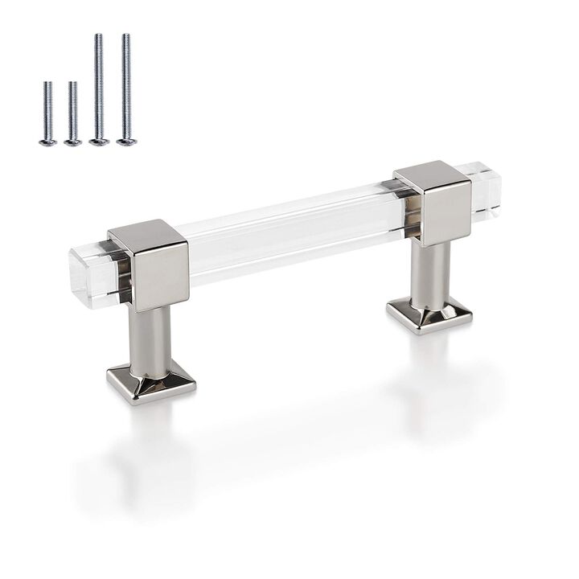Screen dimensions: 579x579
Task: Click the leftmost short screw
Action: click(47, 113)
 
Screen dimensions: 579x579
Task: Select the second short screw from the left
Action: click(72, 113)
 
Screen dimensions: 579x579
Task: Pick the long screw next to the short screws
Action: click(98, 88)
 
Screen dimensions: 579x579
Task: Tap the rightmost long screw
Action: click(125, 88)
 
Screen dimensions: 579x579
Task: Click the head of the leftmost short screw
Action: click(47, 142)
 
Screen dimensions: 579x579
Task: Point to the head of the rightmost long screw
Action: click(126, 142)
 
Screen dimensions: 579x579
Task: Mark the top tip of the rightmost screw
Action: click(125, 35)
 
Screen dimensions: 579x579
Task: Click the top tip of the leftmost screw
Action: click(47, 83)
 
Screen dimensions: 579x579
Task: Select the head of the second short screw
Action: click(73, 142)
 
